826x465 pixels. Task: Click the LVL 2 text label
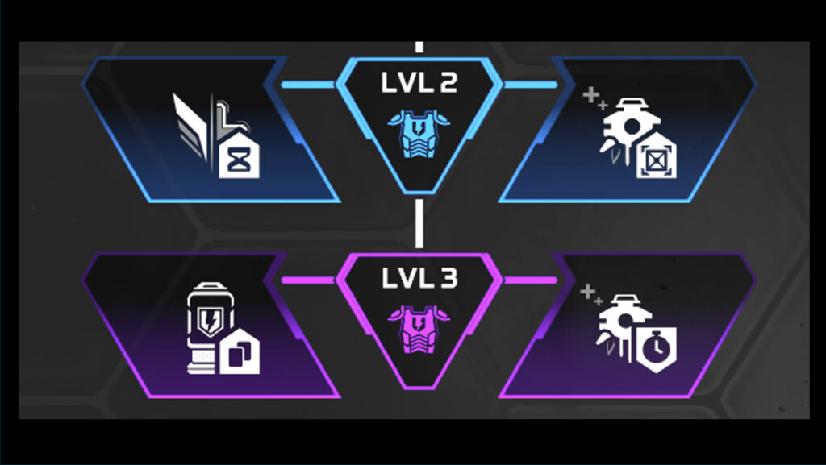tap(419, 82)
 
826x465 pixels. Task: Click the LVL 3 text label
tap(419, 278)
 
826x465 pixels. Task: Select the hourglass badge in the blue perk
tap(239, 155)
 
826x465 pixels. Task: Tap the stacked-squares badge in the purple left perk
tap(239, 351)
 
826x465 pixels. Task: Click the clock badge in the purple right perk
tap(657, 349)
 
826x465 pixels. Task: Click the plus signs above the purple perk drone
tap(591, 294)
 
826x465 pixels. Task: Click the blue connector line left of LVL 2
tap(308, 84)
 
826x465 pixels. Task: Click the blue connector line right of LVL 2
tap(531, 84)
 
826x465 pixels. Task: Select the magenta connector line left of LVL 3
tap(308, 280)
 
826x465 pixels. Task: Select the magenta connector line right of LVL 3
tap(531, 280)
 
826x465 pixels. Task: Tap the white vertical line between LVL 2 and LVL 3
tap(419, 223)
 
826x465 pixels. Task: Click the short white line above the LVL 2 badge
tap(419, 47)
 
